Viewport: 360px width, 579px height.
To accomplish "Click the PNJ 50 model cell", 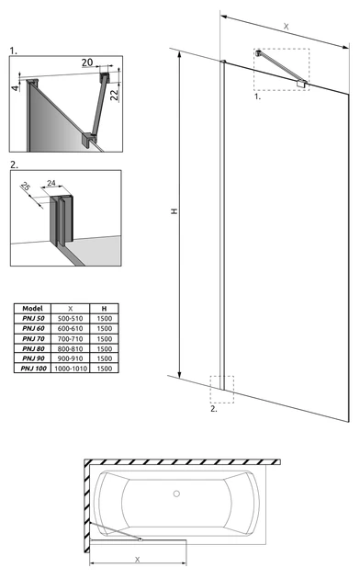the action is click(x=32, y=318).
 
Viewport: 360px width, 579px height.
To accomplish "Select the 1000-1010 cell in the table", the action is click(x=71, y=369).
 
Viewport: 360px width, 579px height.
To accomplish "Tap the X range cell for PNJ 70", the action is click(x=71, y=338).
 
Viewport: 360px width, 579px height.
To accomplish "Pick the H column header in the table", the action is click(x=105, y=308).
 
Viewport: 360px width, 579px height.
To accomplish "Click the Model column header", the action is click(x=32, y=308).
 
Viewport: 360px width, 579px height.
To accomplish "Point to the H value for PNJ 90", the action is click(x=105, y=358).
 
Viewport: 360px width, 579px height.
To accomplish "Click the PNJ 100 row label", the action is click(x=34, y=369).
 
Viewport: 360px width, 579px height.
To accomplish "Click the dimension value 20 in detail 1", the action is click(x=87, y=62).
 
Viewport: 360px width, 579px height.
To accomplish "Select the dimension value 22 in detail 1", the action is click(x=115, y=95).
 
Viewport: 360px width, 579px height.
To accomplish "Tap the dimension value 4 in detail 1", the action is click(x=15, y=88).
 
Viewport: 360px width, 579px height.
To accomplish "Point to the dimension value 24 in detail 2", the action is click(x=51, y=183).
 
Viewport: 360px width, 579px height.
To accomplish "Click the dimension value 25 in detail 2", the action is click(x=25, y=187).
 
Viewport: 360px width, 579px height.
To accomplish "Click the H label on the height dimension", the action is click(x=174, y=211).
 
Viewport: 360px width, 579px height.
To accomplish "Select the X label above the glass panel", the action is click(x=287, y=27).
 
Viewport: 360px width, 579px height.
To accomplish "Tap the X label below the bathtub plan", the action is click(x=137, y=560).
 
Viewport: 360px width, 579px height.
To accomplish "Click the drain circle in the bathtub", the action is click(x=176, y=494).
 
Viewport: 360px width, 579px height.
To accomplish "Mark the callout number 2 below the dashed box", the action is click(x=214, y=409).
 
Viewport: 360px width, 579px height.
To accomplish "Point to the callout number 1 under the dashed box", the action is click(x=257, y=96).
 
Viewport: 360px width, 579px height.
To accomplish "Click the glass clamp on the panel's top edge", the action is click(x=302, y=84).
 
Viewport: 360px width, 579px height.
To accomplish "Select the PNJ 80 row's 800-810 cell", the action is click(x=71, y=348).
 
